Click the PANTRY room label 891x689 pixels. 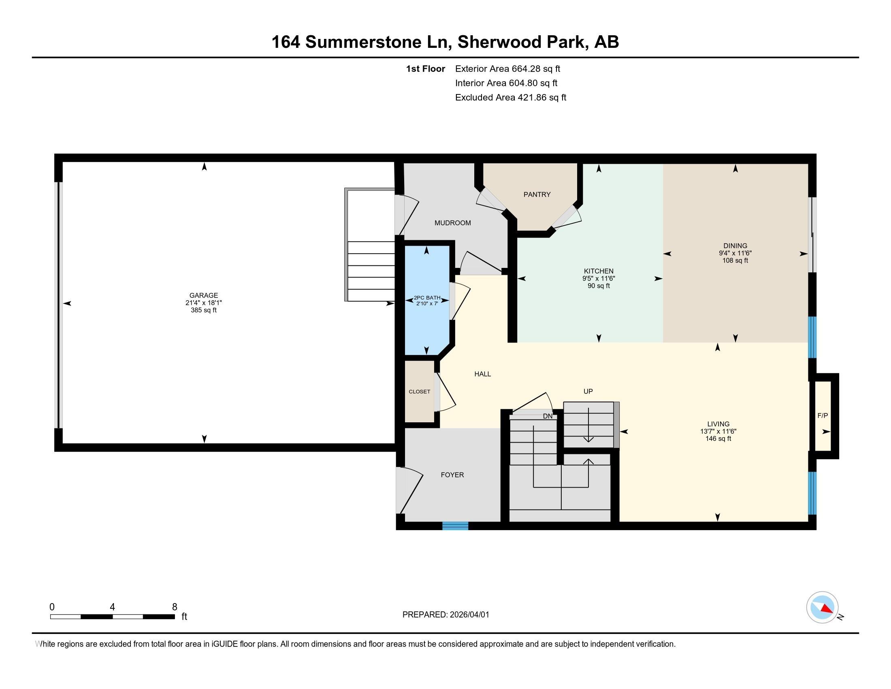pyautogui.click(x=537, y=195)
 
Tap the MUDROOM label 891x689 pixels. pyautogui.click(x=452, y=223)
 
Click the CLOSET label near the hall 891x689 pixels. pyautogui.click(x=420, y=392)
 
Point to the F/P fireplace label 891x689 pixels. pyautogui.click(x=823, y=415)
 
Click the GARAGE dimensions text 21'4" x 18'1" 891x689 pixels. pyautogui.click(x=203, y=303)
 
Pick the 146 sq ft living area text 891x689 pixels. pyautogui.click(x=718, y=439)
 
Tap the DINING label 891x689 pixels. pyautogui.click(x=735, y=246)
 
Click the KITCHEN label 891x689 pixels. pyautogui.click(x=599, y=271)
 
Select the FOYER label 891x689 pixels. pyautogui.click(x=452, y=475)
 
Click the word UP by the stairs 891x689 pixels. pyautogui.click(x=588, y=391)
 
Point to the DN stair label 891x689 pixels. pyautogui.click(x=548, y=416)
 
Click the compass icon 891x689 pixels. pyautogui.click(x=822, y=607)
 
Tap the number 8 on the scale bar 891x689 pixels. pyautogui.click(x=175, y=607)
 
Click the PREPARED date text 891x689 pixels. pyautogui.click(x=446, y=615)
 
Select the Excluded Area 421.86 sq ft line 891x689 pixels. pyautogui.click(x=510, y=98)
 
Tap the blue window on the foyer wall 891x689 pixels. pyautogui.click(x=455, y=526)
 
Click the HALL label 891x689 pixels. pyautogui.click(x=482, y=374)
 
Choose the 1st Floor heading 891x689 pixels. pyautogui.click(x=425, y=69)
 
